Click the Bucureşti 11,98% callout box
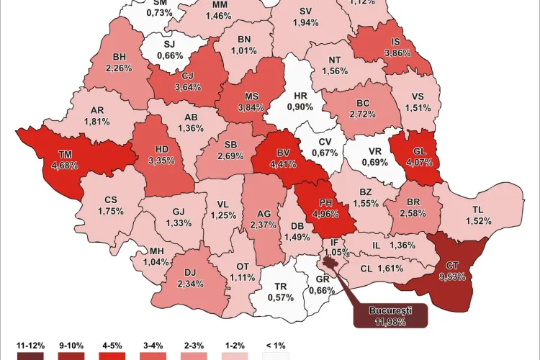click(x=388, y=315)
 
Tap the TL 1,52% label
click(x=477, y=215)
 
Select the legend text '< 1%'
click(x=276, y=343)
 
